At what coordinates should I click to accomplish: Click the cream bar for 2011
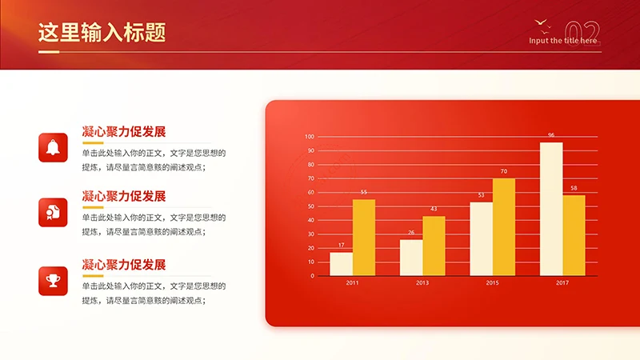[x=341, y=264]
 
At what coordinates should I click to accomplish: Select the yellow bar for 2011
[x=364, y=238]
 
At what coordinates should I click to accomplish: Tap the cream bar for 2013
[x=411, y=258]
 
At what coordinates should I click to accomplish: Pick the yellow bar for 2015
[x=504, y=227]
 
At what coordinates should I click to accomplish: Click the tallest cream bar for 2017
[x=551, y=209]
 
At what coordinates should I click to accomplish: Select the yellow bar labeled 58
[x=574, y=235]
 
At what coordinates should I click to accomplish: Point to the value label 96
[x=551, y=135]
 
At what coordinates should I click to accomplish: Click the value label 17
[x=341, y=245]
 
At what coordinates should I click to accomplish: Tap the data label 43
[x=434, y=209]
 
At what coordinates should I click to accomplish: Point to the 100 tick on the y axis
[x=310, y=136]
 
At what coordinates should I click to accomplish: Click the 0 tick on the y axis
[x=313, y=276]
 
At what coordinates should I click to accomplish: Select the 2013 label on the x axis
[x=422, y=283]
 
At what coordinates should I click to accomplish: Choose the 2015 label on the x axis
[x=493, y=283]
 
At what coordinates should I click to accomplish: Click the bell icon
[x=53, y=147]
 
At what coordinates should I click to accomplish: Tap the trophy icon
[x=53, y=281]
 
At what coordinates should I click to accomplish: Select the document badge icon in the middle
[x=53, y=213]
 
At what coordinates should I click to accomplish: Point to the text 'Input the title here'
[x=563, y=41]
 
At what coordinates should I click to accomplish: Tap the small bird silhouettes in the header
[x=541, y=23]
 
